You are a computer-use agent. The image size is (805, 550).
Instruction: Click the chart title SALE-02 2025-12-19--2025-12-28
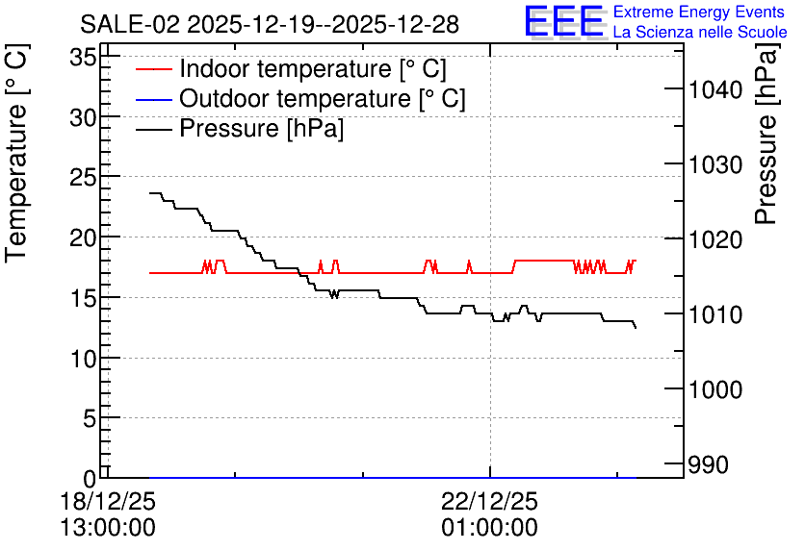click(269, 24)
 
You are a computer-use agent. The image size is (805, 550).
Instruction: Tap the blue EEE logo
click(564, 21)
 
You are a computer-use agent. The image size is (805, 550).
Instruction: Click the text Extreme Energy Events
click(699, 12)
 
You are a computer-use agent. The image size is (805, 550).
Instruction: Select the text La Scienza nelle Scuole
click(700, 32)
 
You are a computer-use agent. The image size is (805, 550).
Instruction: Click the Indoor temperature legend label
click(313, 68)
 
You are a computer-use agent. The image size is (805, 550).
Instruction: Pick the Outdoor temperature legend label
click(323, 98)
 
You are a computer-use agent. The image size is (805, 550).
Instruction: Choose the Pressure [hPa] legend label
click(261, 128)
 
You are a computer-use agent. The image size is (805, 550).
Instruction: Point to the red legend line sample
click(153, 69)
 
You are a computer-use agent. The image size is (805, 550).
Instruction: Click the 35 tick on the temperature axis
click(83, 58)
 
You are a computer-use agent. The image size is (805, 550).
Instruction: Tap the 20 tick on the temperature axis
click(83, 237)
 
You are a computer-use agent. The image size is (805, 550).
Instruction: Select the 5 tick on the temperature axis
click(90, 419)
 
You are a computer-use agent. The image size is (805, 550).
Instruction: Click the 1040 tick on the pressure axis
click(715, 89)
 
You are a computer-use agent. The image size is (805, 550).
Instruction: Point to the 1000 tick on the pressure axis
click(715, 389)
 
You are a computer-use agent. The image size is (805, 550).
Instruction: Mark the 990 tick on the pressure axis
click(708, 465)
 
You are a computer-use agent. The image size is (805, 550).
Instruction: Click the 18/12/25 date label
click(108, 501)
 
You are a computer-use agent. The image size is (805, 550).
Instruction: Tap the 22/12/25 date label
click(490, 501)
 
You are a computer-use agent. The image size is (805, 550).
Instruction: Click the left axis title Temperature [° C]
click(16, 154)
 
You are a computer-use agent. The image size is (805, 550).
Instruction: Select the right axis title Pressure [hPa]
click(766, 134)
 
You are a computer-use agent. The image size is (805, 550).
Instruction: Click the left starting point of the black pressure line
click(149, 192)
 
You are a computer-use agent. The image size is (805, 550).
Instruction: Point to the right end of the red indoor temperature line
click(636, 261)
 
